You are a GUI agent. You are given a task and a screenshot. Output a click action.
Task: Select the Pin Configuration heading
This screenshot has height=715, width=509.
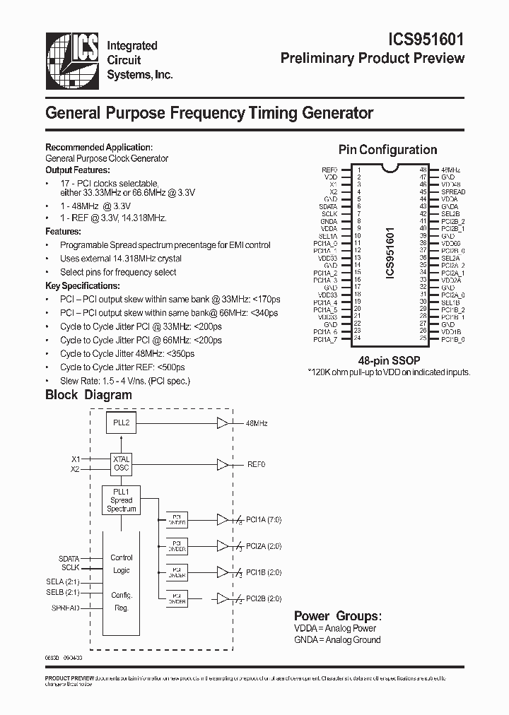click(x=387, y=150)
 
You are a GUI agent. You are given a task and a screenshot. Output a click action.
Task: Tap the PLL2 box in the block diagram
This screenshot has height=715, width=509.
click(x=122, y=422)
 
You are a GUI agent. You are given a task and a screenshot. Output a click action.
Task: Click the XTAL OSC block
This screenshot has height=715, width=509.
click(x=121, y=463)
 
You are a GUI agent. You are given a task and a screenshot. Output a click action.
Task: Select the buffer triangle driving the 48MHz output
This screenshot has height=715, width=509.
click(x=223, y=422)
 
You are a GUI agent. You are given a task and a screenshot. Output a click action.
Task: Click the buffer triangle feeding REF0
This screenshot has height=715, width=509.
click(x=223, y=464)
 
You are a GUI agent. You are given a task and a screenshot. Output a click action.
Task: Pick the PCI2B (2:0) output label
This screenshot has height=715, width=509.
click(x=262, y=598)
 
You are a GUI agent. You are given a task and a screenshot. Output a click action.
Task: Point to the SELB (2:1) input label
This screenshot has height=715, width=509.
click(x=63, y=591)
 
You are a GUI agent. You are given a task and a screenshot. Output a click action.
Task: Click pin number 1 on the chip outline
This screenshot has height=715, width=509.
click(x=358, y=170)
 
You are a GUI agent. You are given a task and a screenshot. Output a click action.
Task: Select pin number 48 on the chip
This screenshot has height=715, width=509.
click(x=423, y=170)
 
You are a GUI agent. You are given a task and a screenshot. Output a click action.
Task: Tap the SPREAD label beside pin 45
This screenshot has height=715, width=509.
click(x=453, y=192)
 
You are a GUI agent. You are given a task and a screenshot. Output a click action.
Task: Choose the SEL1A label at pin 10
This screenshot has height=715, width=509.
click(x=327, y=236)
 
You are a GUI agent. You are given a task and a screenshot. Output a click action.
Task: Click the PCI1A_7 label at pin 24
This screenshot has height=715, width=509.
click(x=325, y=339)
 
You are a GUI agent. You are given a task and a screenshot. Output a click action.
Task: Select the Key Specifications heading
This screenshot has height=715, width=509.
click(x=83, y=285)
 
